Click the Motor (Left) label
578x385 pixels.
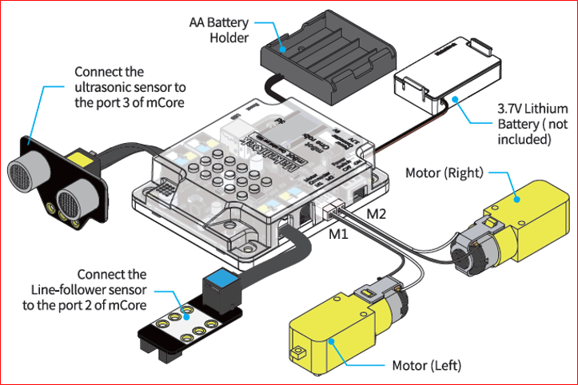coord(427,367)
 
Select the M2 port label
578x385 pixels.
coord(377,215)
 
